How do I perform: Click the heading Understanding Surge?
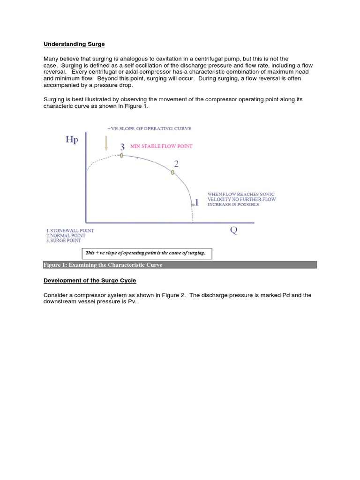(x=74, y=44)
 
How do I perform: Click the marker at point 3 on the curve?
(x=121, y=155)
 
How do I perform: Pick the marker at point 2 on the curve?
(x=172, y=172)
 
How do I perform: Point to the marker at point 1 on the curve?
(x=193, y=205)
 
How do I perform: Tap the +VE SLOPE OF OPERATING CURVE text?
(x=149, y=128)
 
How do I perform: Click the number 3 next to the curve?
(x=122, y=146)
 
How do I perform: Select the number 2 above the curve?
(x=176, y=164)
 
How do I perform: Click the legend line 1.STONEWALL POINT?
(x=70, y=231)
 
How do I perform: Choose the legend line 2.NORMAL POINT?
(x=67, y=236)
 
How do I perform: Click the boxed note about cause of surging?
(x=146, y=253)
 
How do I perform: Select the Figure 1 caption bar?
(x=180, y=265)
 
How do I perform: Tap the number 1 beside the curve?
(x=197, y=202)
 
